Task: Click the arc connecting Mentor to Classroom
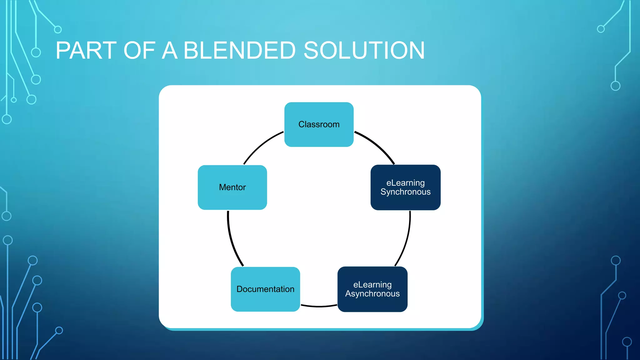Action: (x=261, y=145)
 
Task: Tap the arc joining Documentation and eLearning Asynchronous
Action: (x=319, y=306)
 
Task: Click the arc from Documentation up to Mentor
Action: (x=231, y=241)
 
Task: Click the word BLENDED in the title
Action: (x=239, y=51)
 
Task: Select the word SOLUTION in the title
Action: (x=364, y=51)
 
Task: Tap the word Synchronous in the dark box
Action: (x=405, y=192)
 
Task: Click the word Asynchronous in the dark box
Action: (x=372, y=294)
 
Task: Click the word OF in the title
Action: (x=139, y=51)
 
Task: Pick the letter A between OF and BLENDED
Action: (x=170, y=51)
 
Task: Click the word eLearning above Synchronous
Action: (x=405, y=183)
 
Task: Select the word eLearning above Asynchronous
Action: (x=372, y=285)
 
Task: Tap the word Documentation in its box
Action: (x=265, y=289)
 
